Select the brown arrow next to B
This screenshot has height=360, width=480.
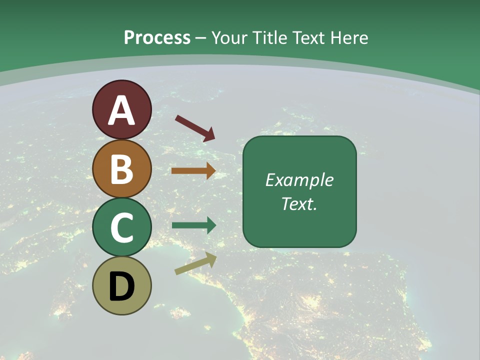tap(193, 171)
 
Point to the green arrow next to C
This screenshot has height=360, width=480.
tap(194, 225)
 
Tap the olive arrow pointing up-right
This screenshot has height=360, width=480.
tap(195, 263)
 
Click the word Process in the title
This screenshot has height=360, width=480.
tap(157, 37)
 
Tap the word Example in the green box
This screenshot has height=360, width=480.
tap(299, 180)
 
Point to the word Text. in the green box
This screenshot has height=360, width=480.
tap(299, 204)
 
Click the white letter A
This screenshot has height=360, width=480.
tap(121, 110)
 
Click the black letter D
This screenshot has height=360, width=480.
tap(121, 286)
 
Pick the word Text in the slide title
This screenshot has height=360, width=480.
tap(309, 37)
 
